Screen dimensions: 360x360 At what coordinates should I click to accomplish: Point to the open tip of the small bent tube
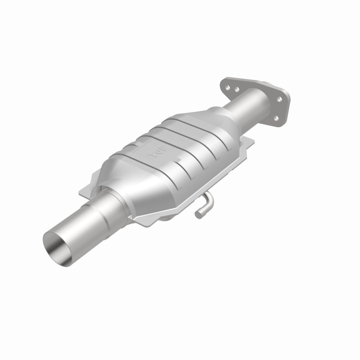coord(198,216)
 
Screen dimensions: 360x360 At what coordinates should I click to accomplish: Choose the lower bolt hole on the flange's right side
coord(276,118)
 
